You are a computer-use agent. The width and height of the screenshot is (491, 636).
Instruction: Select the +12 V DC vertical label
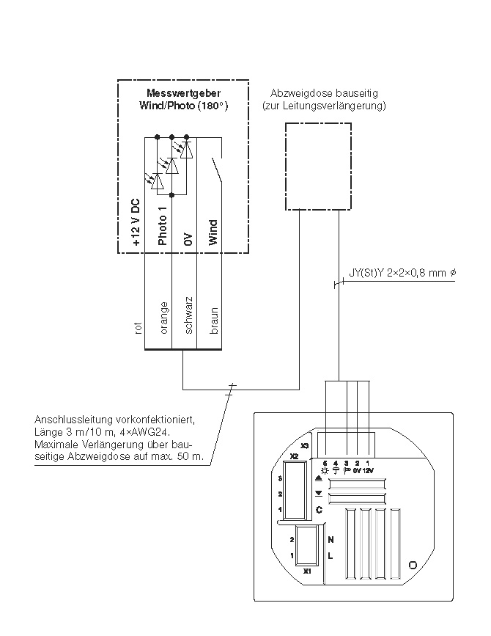pos(136,220)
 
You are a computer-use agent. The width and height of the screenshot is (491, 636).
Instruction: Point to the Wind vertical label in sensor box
pos(213,232)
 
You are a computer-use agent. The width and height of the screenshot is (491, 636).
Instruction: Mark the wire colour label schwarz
pos(188,316)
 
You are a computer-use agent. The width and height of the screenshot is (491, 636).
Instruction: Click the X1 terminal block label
pos(307,570)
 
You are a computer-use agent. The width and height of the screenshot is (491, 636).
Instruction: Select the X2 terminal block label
pos(294,456)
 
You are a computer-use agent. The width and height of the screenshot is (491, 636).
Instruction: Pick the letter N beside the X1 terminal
pos(331,538)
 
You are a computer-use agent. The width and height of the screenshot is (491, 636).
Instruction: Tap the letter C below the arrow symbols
pos(319,509)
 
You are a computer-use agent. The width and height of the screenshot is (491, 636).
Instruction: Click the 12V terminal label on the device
pos(367,470)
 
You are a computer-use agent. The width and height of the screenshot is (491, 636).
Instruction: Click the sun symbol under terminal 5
pos(325,470)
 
